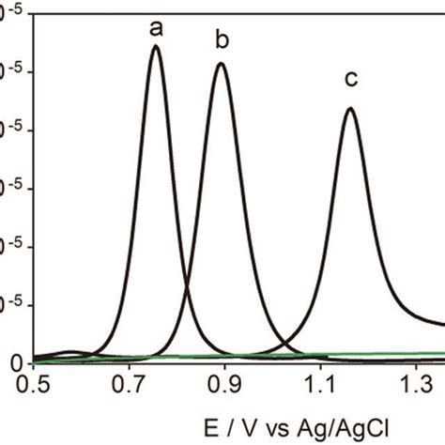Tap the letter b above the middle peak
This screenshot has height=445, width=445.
222,40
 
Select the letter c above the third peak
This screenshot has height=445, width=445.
351,80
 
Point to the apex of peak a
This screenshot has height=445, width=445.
156,46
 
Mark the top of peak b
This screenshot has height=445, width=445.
222,64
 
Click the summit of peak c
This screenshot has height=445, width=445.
350,108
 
